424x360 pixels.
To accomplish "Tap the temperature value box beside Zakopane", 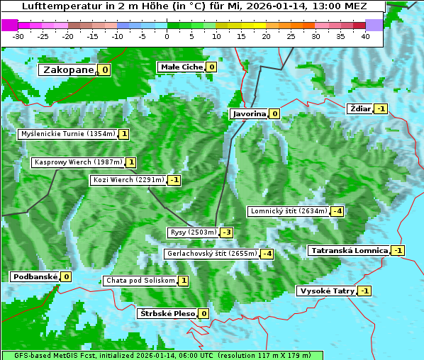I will pyautogui.click(x=105, y=69).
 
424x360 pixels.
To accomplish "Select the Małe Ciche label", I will pyautogui.click(x=182, y=67).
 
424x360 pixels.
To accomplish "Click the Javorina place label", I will pyautogui.click(x=249, y=113).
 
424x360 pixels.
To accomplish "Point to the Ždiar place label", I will pyautogui.click(x=360, y=108).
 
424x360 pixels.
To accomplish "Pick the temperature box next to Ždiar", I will pyautogui.click(x=381, y=108).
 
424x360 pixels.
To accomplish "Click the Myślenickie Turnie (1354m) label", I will pyautogui.click(x=67, y=134).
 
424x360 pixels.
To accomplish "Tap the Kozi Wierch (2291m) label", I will pyautogui.click(x=128, y=180).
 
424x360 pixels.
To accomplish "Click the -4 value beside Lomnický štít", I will pyautogui.click(x=337, y=211).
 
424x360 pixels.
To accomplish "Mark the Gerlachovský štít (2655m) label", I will pyautogui.click(x=211, y=254).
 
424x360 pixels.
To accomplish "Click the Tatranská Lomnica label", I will pyautogui.click(x=349, y=250).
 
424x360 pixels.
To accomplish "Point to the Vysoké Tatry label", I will pyautogui.click(x=326, y=291).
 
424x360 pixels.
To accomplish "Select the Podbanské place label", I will pyautogui.click(x=34, y=276).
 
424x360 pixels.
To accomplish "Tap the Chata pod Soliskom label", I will pyautogui.click(x=139, y=281).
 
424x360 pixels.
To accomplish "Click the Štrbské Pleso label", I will pyautogui.click(x=166, y=313).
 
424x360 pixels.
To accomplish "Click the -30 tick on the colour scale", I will pyautogui.click(x=18, y=36).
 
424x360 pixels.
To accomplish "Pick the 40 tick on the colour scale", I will pyautogui.click(x=365, y=36).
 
